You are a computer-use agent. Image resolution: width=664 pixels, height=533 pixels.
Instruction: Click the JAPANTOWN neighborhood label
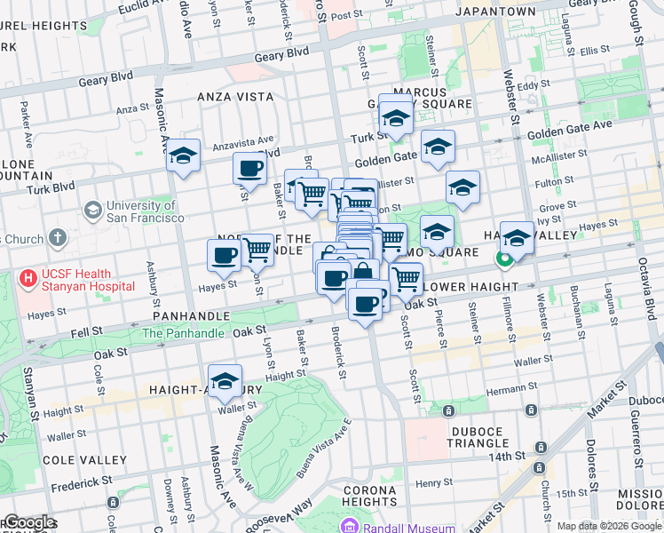(494, 12)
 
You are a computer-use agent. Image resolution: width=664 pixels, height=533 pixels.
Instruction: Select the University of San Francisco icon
(92, 211)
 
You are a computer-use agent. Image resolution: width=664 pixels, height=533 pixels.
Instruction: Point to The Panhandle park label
(184, 333)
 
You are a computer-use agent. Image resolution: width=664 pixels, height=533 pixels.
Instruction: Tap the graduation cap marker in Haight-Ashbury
(225, 381)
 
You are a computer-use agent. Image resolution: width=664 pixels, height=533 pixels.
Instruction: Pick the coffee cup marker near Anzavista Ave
(249, 168)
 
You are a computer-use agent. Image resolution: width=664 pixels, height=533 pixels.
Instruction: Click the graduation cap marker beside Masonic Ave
(183, 156)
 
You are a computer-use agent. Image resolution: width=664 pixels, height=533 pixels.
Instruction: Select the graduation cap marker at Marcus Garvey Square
(395, 117)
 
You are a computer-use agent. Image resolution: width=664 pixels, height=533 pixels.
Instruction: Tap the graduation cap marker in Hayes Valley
(517, 237)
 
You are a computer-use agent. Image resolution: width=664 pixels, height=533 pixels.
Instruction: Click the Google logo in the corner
(29, 523)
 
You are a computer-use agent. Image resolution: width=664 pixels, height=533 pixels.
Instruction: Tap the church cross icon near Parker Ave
(58, 238)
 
